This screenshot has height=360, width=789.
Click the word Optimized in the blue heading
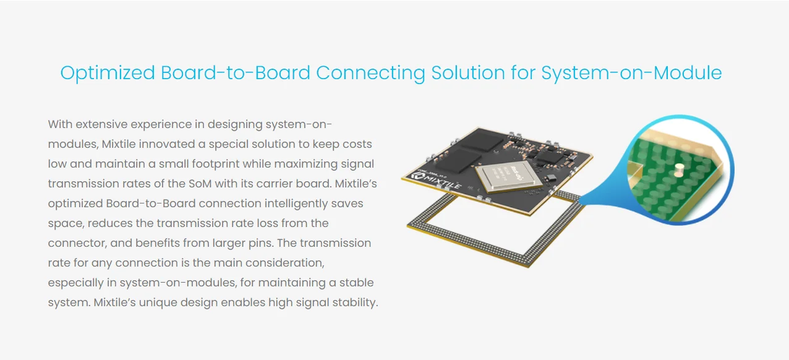pyautogui.click(x=108, y=73)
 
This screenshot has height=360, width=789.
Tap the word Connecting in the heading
pyautogui.click(x=370, y=73)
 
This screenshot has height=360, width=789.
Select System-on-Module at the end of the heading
pyautogui.click(x=631, y=73)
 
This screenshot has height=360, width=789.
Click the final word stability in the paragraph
pyautogui.click(x=354, y=302)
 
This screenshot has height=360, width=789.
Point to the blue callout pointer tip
pyautogui.click(x=580, y=199)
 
